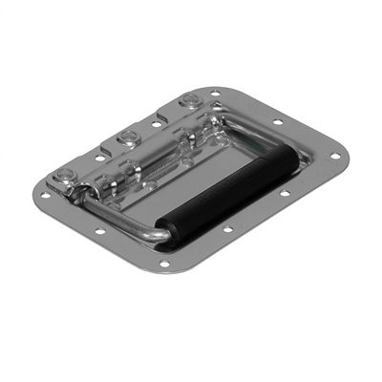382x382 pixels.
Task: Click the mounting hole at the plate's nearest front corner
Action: [x=164, y=264]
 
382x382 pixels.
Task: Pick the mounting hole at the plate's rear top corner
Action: [x=216, y=93]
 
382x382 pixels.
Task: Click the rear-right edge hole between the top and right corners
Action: [x=277, y=121]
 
